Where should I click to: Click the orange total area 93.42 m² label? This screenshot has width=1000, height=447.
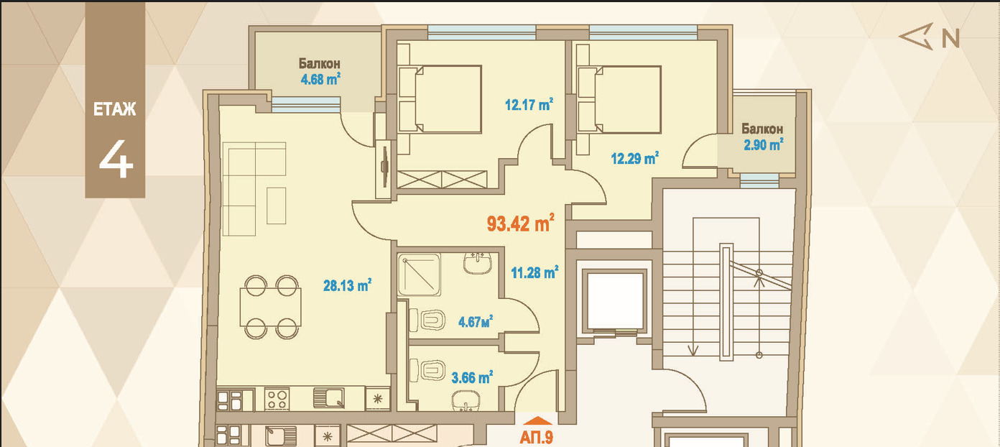[521, 223]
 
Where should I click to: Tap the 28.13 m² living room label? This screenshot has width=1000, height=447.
[347, 285]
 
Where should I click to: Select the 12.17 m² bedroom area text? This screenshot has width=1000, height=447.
[529, 105]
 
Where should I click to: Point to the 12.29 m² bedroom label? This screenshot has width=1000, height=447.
[635, 159]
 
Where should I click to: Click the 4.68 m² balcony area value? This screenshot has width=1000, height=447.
[320, 80]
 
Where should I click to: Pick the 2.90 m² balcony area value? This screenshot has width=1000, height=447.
[764, 144]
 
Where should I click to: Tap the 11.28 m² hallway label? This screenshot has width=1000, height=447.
[534, 272]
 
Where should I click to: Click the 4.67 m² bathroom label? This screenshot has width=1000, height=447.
[476, 321]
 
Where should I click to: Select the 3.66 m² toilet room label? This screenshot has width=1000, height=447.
[472, 378]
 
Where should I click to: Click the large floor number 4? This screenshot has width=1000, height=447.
[116, 159]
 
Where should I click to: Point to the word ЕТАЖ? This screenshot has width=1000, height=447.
[115, 109]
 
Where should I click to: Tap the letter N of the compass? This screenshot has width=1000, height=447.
[950, 38]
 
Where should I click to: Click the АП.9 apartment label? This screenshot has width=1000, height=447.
[537, 437]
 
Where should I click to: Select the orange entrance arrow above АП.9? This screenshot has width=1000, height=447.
[537, 420]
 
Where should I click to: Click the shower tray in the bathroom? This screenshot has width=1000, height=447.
[420, 275]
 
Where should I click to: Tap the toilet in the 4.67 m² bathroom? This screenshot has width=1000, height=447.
[427, 320]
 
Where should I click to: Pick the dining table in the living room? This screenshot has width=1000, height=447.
[271, 308]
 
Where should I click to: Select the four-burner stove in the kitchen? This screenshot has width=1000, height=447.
[277, 400]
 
